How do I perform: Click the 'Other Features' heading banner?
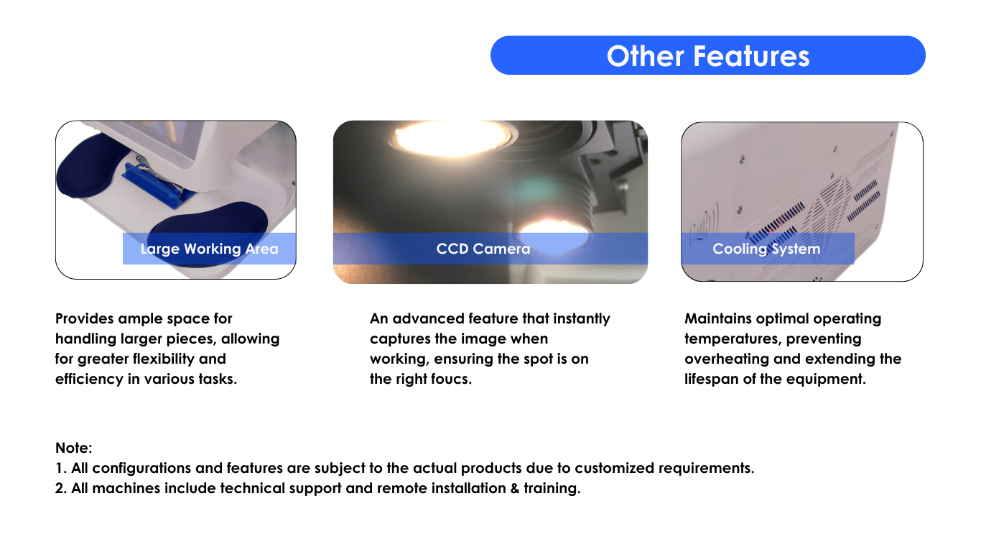(x=707, y=55)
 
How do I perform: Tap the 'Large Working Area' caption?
(x=209, y=249)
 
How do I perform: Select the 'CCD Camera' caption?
(x=483, y=249)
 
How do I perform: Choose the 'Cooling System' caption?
(x=766, y=249)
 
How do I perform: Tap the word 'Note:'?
(x=73, y=448)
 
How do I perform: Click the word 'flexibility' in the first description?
(x=164, y=359)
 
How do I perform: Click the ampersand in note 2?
(x=515, y=488)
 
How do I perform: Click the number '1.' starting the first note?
(x=60, y=468)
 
